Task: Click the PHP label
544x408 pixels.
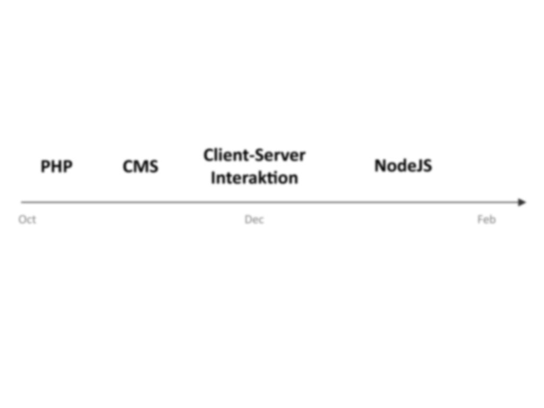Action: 56,166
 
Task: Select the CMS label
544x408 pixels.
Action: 140,166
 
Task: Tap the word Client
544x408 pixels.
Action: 226,155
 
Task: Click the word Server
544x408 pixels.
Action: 280,155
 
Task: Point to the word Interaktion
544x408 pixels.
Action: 254,177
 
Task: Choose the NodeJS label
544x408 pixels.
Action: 403,166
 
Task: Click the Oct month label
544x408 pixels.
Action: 27,219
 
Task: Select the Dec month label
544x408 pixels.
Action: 254,219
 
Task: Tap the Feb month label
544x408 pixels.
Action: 487,219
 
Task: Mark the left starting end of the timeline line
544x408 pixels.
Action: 21,202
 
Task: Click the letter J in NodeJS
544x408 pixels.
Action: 419,166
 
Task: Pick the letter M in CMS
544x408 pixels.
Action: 141,166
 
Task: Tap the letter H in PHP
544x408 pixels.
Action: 56,166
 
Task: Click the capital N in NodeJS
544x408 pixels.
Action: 380,166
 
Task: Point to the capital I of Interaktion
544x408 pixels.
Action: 213,177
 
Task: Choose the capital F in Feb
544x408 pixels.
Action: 480,219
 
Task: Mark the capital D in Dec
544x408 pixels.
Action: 248,219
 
